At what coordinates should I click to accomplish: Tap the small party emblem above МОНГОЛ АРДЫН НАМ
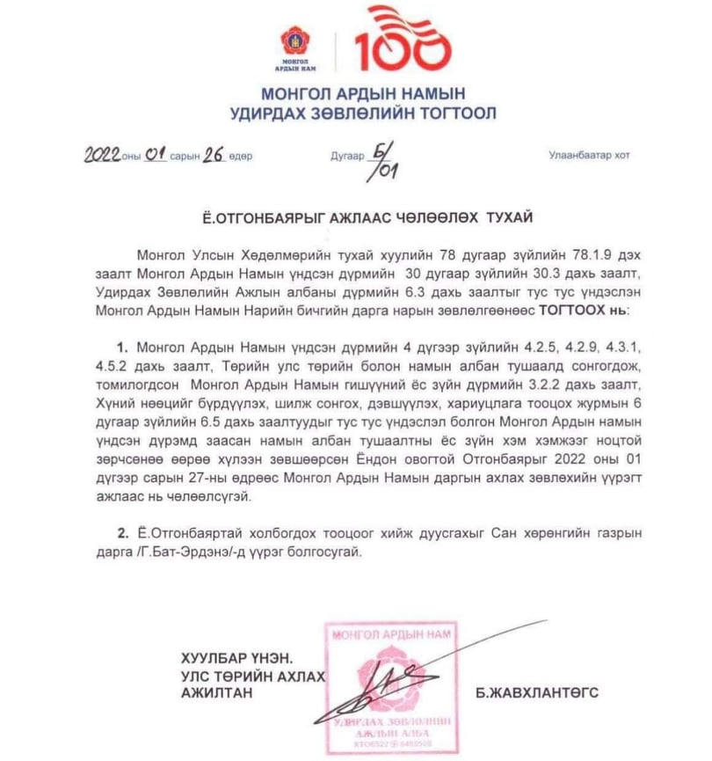point(297,40)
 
